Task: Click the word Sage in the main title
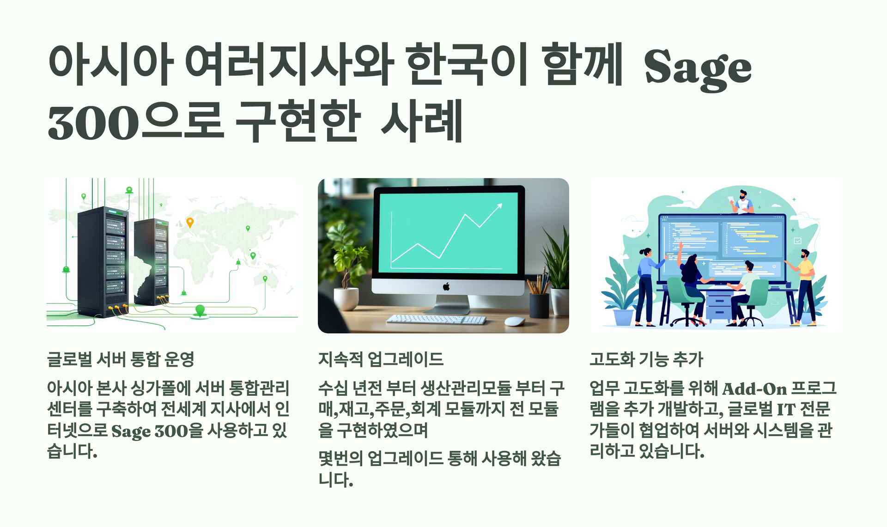click(698, 69)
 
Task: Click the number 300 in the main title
click(93, 123)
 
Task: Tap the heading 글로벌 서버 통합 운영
click(121, 359)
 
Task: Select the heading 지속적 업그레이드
click(381, 359)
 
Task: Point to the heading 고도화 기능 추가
click(646, 359)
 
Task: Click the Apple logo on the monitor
click(446, 287)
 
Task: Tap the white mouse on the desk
click(514, 321)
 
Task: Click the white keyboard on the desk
click(436, 319)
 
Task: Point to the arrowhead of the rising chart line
click(499, 206)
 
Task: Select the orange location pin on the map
click(190, 223)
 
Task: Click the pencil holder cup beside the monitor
click(539, 305)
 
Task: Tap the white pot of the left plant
click(346, 299)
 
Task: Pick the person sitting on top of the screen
click(742, 202)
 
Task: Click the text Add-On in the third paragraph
click(754, 389)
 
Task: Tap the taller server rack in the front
click(103, 262)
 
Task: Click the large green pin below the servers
click(200, 310)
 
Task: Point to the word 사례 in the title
click(422, 121)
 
